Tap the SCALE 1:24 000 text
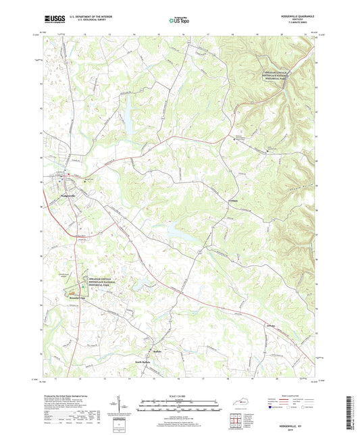[x=180, y=396]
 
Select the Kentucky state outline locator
[x=238, y=403]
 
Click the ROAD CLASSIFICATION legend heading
[x=284, y=396]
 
